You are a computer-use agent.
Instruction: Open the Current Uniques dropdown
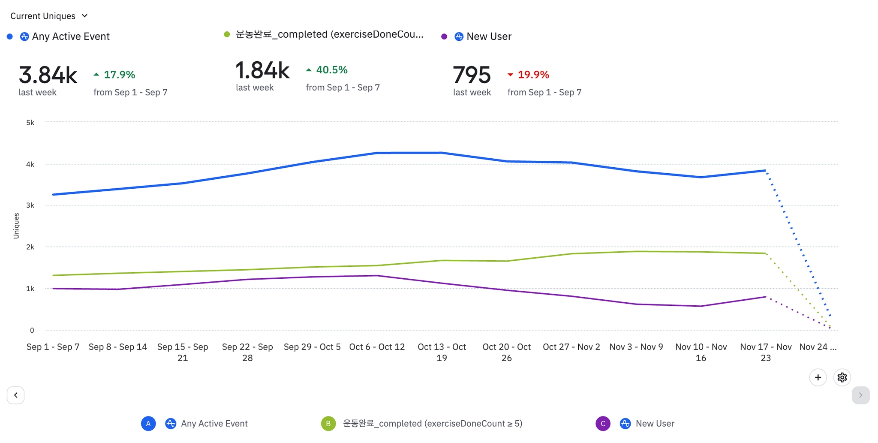click(49, 16)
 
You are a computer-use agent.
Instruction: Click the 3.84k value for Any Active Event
click(48, 75)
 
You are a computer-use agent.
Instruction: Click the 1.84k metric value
click(262, 70)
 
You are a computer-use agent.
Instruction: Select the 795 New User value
click(472, 75)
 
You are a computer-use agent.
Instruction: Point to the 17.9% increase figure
click(119, 75)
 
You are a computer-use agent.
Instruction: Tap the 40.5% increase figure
click(331, 70)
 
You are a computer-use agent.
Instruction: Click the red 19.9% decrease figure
click(533, 75)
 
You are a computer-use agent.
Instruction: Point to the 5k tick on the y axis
click(30, 123)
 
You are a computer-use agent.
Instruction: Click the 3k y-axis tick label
click(30, 205)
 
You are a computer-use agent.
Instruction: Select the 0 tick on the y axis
click(32, 330)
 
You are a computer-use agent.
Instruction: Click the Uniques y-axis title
click(16, 226)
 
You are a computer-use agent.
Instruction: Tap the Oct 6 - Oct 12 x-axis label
click(377, 347)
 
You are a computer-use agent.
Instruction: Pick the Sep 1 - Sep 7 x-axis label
click(53, 347)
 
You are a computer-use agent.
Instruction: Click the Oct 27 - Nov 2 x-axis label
click(571, 347)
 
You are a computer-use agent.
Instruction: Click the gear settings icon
click(842, 377)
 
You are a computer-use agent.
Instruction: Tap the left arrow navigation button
click(16, 395)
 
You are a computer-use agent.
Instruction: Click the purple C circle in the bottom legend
click(603, 424)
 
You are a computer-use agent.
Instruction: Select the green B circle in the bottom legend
click(328, 424)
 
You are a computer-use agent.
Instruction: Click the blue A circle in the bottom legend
click(148, 424)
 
